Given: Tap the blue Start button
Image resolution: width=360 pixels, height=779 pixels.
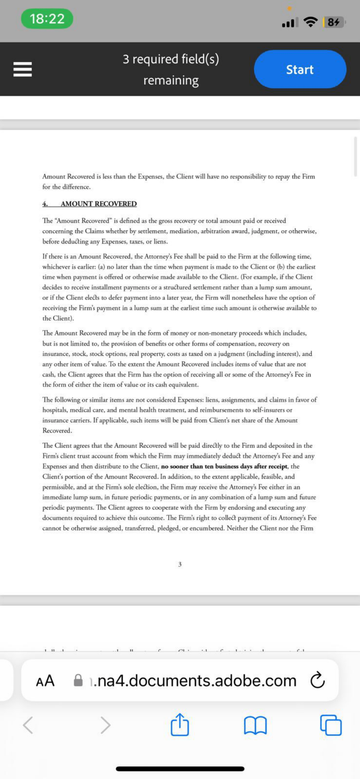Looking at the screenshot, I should tap(300, 69).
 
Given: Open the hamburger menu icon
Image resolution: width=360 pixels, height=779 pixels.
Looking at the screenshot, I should tap(22, 69).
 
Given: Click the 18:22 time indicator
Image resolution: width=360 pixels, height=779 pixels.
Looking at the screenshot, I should tap(47, 19).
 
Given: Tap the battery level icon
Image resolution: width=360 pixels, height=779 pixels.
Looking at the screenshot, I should tap(334, 22).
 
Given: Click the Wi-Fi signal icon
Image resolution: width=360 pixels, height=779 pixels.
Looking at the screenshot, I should tap(311, 22).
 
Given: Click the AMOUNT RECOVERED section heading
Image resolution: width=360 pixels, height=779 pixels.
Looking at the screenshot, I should tap(99, 204).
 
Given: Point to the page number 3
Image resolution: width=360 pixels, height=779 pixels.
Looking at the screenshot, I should tap(180, 564).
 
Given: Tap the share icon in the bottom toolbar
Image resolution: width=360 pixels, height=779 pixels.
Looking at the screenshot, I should tap(180, 725).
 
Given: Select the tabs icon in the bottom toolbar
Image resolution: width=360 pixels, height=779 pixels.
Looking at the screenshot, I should tap(331, 725).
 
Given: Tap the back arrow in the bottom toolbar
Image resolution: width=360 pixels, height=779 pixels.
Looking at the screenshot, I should tap(28, 725).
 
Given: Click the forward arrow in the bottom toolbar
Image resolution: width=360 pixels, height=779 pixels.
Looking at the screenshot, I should tap(105, 725).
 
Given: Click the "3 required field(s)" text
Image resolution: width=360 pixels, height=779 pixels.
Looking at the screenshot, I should tap(171, 60).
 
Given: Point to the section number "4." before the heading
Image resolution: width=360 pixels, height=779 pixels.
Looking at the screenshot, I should tap(45, 204).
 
